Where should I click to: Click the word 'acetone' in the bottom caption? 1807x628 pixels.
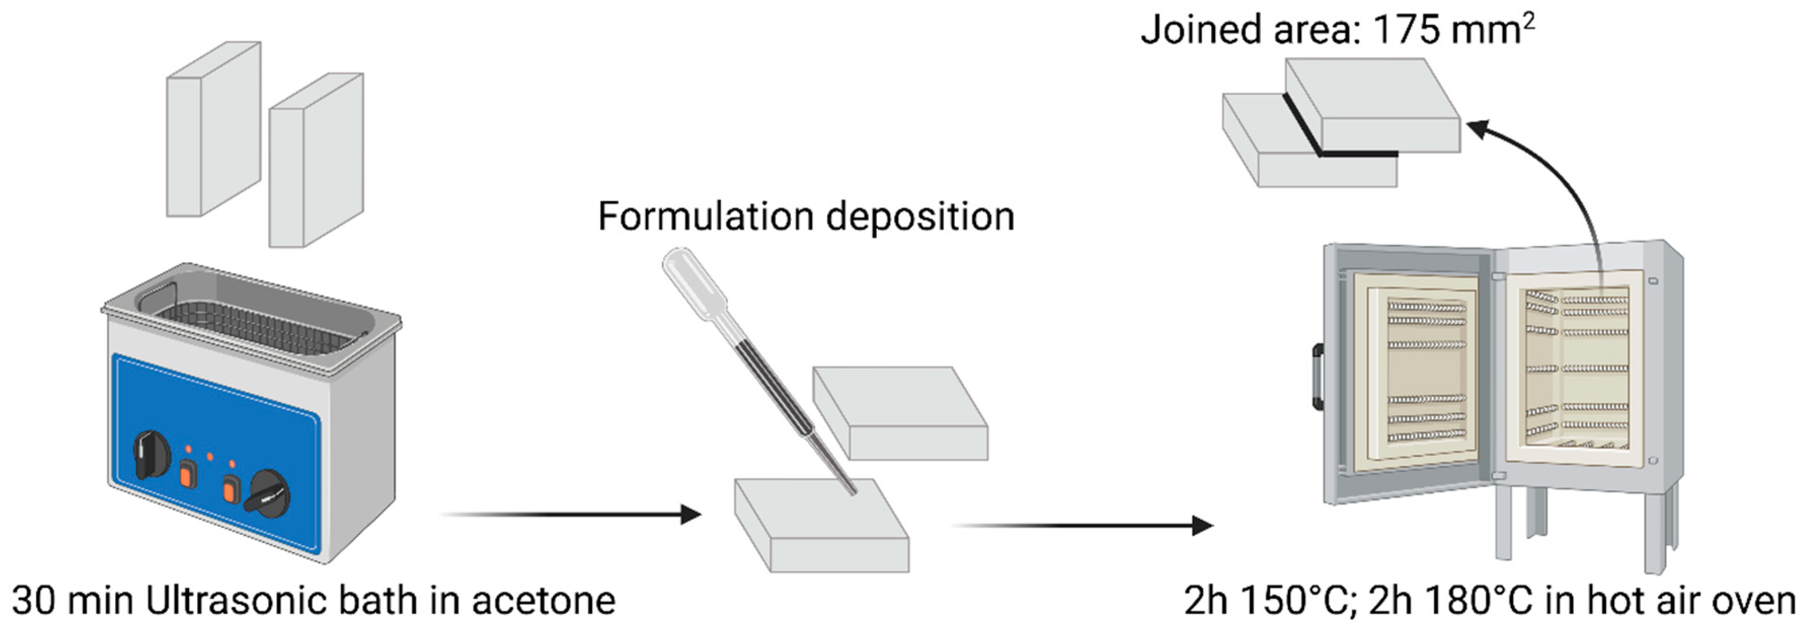(x=543, y=601)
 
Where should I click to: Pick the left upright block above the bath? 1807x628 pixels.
(x=213, y=129)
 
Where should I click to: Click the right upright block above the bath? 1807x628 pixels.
(x=315, y=161)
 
